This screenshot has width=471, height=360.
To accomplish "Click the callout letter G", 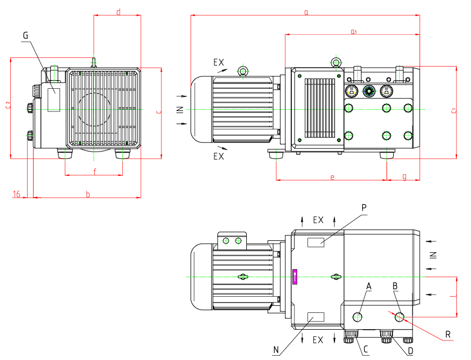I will [x=25, y=35].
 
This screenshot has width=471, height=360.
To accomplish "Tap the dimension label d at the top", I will [x=118, y=12].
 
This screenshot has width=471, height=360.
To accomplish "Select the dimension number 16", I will [x=17, y=194].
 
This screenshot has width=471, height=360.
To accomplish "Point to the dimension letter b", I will [x=88, y=194].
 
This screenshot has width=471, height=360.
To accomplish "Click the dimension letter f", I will [x=94, y=172].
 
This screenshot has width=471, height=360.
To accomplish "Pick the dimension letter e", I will [x=332, y=176].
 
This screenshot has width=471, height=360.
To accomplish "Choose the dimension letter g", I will [x=404, y=176].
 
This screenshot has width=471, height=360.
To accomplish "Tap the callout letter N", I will [x=276, y=350].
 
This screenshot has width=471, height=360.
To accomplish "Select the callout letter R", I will [x=448, y=335].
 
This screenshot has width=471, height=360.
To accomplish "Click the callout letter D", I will [x=411, y=350].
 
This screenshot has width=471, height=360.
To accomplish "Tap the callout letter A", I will [x=369, y=285].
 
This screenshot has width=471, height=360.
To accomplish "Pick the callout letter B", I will [x=395, y=285].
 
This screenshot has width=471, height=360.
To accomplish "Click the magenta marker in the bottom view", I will [x=295, y=277].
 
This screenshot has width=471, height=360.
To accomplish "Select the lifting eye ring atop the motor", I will [x=243, y=71].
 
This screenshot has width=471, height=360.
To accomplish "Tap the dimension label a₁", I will [x=353, y=32].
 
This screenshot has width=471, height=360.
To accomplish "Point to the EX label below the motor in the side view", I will [x=218, y=156].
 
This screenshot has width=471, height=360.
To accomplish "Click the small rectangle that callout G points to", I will [x=54, y=99].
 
